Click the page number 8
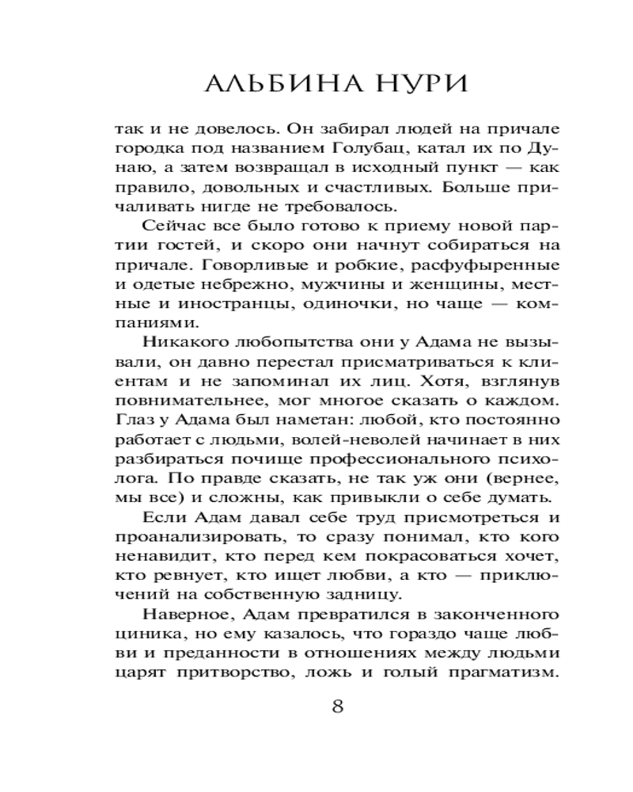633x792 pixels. [x=338, y=707]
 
